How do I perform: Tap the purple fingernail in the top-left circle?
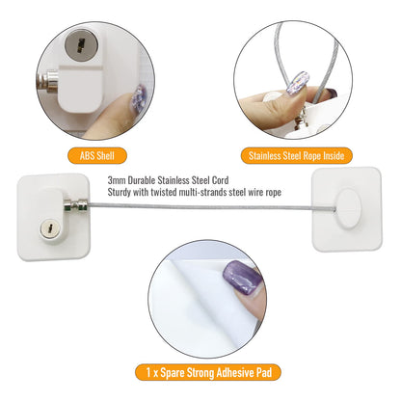coord(139,97)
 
